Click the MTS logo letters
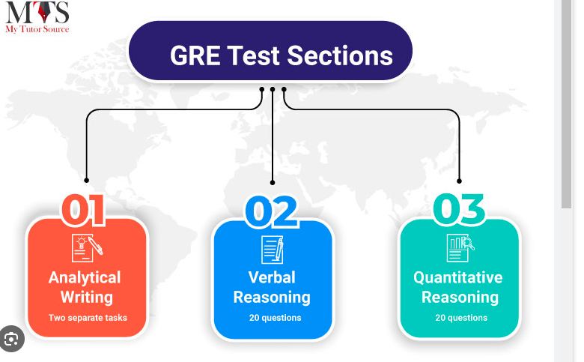click(x=37, y=12)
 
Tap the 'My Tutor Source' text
click(x=37, y=29)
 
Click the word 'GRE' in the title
click(x=195, y=55)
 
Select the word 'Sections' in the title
click(x=340, y=55)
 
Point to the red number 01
click(x=83, y=210)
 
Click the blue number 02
click(x=271, y=211)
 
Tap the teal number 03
click(x=459, y=209)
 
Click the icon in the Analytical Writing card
click(x=87, y=248)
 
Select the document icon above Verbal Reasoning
click(x=273, y=250)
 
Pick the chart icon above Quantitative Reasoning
click(x=460, y=248)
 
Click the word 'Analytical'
click(x=85, y=278)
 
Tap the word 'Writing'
click(x=87, y=297)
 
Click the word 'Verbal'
click(x=272, y=278)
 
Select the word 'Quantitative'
click(x=458, y=278)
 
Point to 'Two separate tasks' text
click(x=88, y=318)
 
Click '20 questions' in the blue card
click(x=276, y=318)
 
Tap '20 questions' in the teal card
click(x=461, y=318)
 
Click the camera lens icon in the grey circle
click(x=11, y=340)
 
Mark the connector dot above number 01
click(x=86, y=181)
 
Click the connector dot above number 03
click(x=459, y=181)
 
